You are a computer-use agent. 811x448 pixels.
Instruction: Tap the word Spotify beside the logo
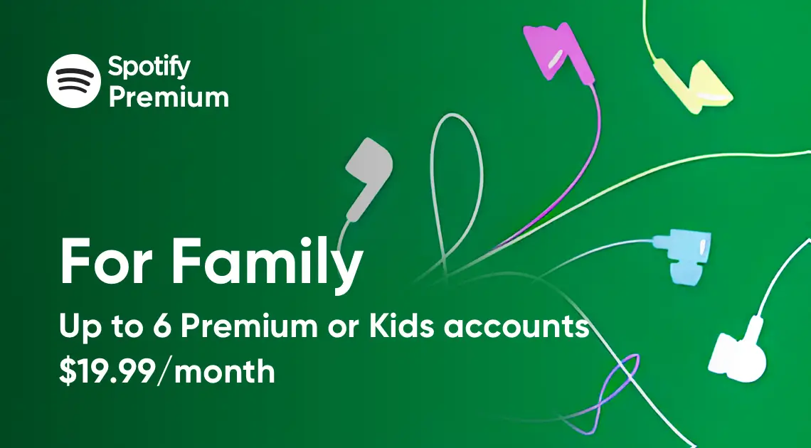click(x=149, y=67)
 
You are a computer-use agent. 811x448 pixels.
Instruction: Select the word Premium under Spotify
click(x=169, y=97)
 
